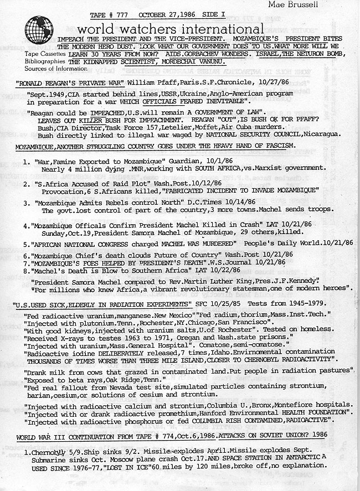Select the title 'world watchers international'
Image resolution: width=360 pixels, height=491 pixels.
click(171, 29)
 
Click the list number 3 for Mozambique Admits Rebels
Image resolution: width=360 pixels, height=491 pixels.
click(27, 203)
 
